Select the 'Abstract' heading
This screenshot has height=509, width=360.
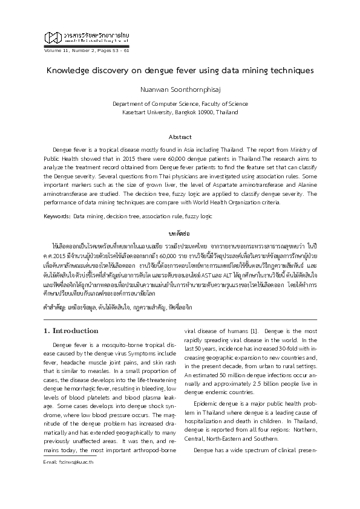[x=180, y=137]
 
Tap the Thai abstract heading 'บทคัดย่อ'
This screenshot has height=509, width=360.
[x=180, y=233]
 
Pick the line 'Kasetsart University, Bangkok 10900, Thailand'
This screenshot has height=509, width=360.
[x=180, y=112]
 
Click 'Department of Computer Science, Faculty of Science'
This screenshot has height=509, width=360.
[x=180, y=104]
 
